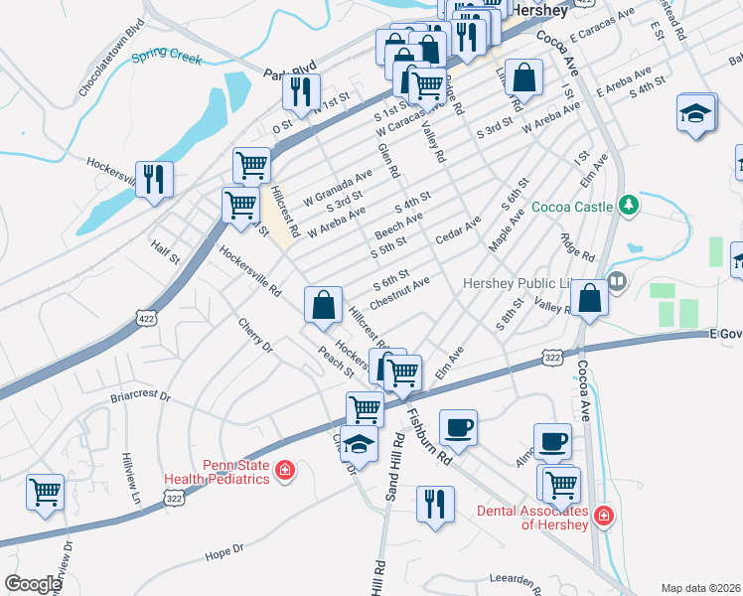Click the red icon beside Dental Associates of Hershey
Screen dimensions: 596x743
tap(603, 516)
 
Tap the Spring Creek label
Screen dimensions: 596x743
tap(167, 56)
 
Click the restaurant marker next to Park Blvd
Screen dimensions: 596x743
tap(300, 92)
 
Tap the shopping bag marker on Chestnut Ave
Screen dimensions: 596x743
tap(324, 305)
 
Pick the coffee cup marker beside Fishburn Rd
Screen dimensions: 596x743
tap(458, 428)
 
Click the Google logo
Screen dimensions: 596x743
tap(33, 584)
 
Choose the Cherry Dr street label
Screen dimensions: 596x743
tap(254, 336)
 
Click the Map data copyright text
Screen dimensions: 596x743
tap(700, 588)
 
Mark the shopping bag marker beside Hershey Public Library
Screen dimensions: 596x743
tap(590, 298)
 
